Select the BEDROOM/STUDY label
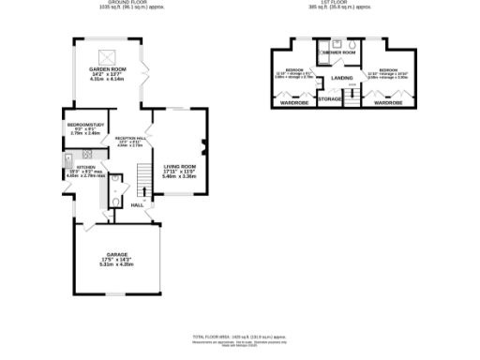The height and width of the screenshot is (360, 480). click(x=84, y=125)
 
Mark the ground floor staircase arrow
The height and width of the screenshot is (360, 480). click(x=142, y=175)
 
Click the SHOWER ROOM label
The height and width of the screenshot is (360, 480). click(x=335, y=52)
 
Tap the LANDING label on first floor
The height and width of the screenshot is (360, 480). click(x=341, y=78)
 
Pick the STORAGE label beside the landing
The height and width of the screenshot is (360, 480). click(x=329, y=97)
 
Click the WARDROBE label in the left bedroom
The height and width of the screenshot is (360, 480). click(x=294, y=103)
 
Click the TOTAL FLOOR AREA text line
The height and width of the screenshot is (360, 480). click(x=238, y=335)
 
